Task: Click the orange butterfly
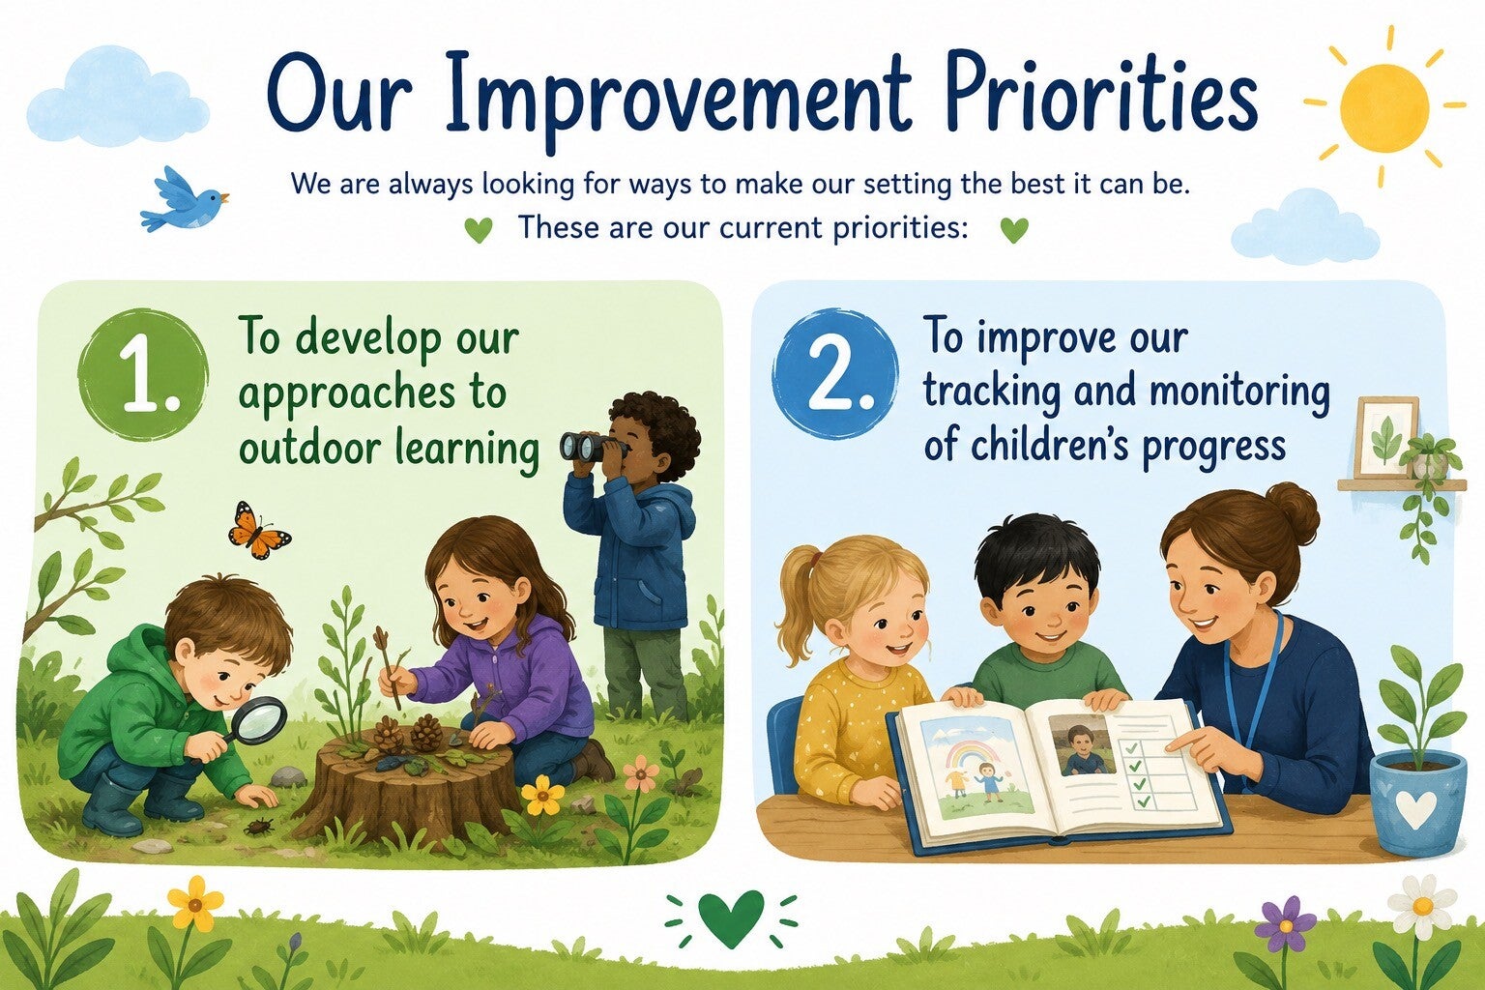tap(258, 531)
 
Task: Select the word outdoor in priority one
tap(310, 449)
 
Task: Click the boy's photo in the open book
tap(1083, 744)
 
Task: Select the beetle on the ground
tap(259, 827)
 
